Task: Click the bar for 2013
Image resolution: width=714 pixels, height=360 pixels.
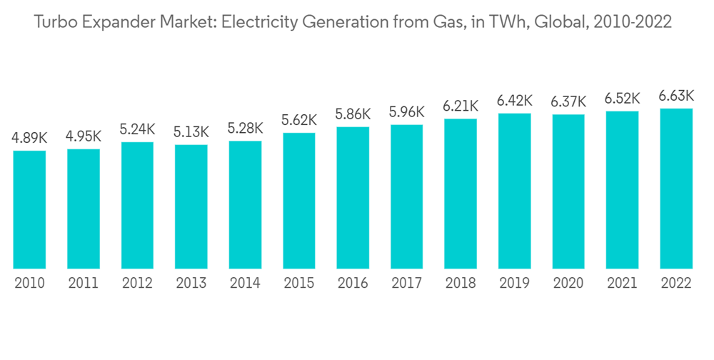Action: point(191,207)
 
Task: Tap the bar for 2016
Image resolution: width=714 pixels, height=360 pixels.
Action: point(353,198)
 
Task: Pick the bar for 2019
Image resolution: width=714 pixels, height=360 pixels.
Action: point(514,191)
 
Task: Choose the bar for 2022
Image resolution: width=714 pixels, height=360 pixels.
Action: point(676,189)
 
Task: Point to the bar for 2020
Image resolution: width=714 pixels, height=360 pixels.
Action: point(568,191)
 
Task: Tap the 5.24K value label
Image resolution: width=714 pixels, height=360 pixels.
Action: point(137,130)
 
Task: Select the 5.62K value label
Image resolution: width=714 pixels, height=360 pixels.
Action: point(299,121)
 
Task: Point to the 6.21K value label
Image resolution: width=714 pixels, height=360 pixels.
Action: point(461,107)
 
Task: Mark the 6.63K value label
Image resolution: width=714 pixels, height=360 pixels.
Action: point(676,96)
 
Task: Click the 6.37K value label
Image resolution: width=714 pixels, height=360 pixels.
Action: point(568,102)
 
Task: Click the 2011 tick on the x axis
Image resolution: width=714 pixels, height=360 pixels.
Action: point(84,284)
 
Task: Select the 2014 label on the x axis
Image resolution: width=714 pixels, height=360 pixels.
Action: point(245,284)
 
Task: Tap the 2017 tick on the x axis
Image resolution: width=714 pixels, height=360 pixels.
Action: point(407,284)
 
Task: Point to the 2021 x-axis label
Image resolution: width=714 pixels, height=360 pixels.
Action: point(622,284)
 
